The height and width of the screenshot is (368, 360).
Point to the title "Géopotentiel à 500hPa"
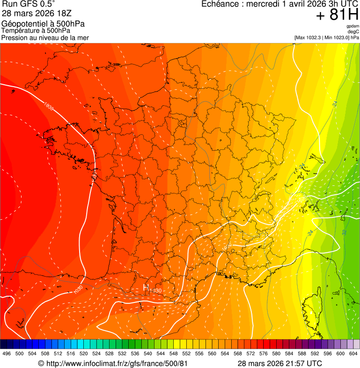coord(43,24)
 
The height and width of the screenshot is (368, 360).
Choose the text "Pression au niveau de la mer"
coord(45,37)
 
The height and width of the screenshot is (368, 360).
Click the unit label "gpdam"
coord(353,26)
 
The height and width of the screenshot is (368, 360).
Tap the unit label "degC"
coord(353,31)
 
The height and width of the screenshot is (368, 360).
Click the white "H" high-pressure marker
coord(146,288)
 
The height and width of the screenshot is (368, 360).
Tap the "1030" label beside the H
coord(155,291)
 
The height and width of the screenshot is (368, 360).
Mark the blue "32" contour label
coord(345,232)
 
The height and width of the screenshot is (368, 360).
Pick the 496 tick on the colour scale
coord(7,353)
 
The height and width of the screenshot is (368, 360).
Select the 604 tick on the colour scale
coord(353,353)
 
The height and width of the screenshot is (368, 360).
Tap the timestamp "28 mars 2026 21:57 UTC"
coord(279,363)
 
